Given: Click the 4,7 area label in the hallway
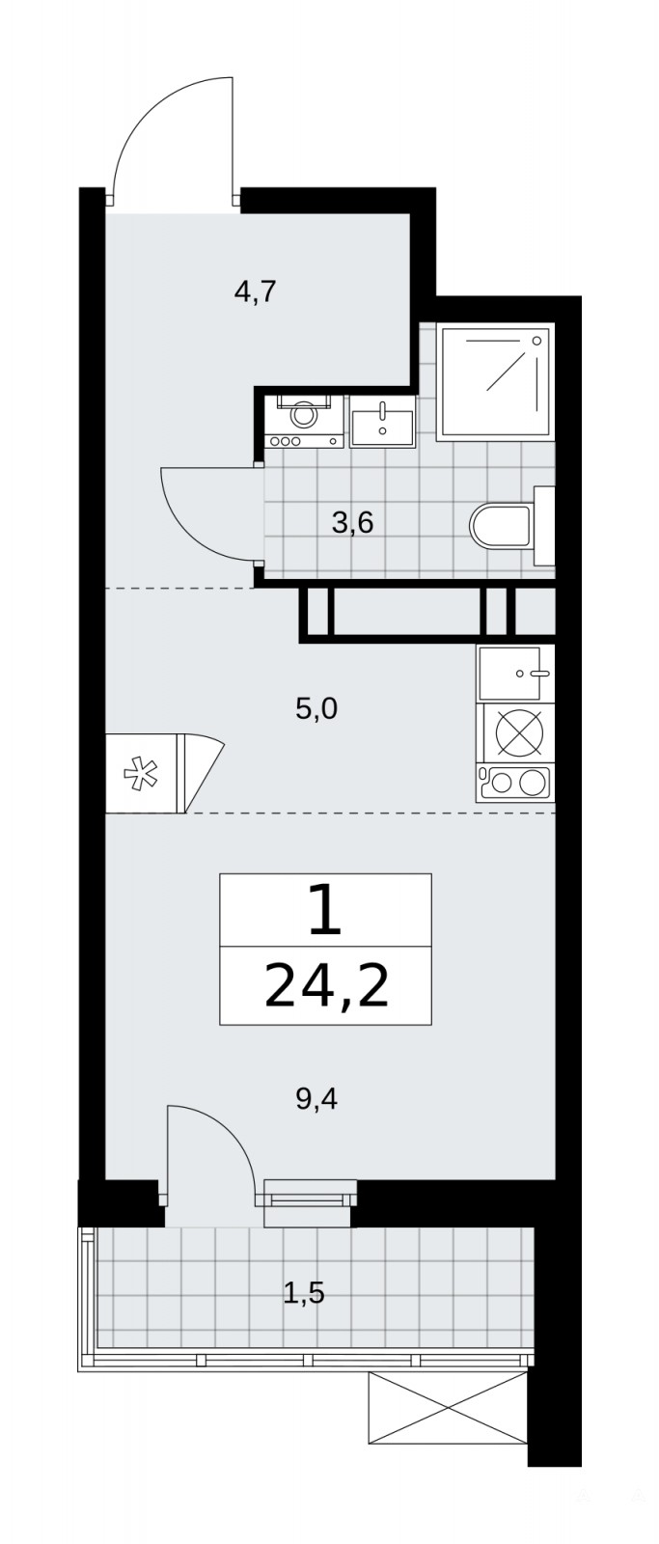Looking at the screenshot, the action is pos(255,292).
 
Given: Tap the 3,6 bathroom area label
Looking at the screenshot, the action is pos(352,523).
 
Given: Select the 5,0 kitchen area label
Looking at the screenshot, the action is pos(316,708).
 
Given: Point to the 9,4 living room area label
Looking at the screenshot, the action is pos(316,1099).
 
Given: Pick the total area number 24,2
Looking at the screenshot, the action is pos(326,986).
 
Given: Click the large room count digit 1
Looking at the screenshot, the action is pos(325,910).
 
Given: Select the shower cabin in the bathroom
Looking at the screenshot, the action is pos(495,382).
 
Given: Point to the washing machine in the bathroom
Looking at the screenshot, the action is pos(303,421).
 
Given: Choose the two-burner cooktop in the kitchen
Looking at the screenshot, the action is pos(516,783).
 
